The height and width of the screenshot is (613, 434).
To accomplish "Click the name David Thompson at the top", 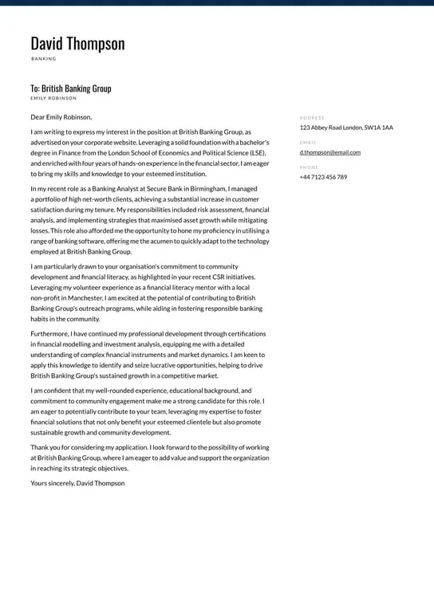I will click(77, 44).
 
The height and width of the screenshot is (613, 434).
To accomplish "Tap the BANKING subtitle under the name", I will click(44, 59).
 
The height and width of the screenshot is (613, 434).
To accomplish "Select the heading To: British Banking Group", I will click(71, 88).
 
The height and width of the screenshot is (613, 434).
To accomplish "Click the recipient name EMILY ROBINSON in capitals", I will click(53, 99).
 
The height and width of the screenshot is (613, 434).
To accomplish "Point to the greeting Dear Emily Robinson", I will click(61, 117).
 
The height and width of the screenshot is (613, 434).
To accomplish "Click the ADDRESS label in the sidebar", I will click(312, 118).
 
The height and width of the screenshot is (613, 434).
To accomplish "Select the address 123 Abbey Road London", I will click(346, 128).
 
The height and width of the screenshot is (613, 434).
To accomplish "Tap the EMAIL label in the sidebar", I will click(308, 143).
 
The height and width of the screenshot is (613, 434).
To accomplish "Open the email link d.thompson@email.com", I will click(330, 152).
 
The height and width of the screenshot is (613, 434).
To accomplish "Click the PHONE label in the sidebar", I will click(309, 167).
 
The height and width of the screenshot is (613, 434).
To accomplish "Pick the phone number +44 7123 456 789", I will click(323, 177).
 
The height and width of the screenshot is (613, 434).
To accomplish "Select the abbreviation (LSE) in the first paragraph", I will click(257, 153).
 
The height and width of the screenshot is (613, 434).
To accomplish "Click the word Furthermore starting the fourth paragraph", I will click(49, 334).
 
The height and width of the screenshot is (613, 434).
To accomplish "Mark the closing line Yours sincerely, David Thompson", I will click(77, 483).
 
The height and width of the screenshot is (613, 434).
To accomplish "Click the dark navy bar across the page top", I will click(217, 2).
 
